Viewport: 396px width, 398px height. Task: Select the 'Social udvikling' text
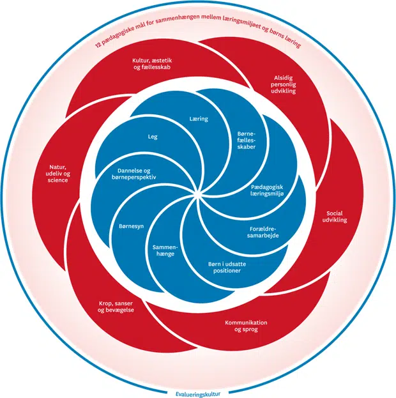click(x=336, y=217)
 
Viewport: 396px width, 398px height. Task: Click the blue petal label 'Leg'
click(x=153, y=137)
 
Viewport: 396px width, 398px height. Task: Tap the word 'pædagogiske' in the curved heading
click(x=119, y=36)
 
